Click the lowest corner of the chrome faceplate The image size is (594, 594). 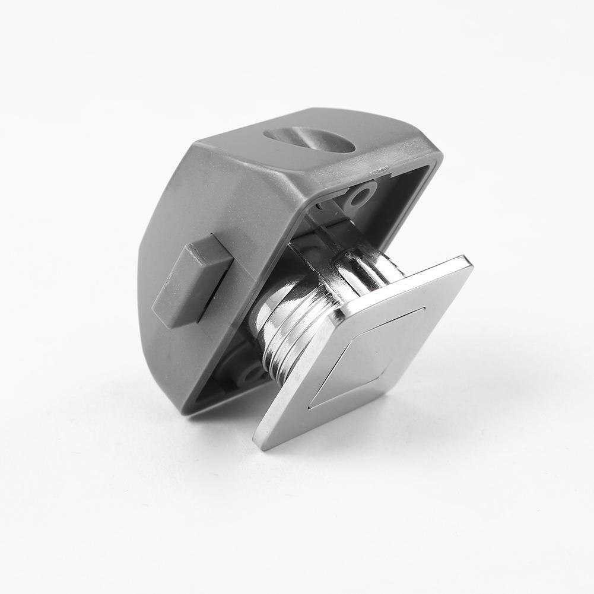261,442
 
